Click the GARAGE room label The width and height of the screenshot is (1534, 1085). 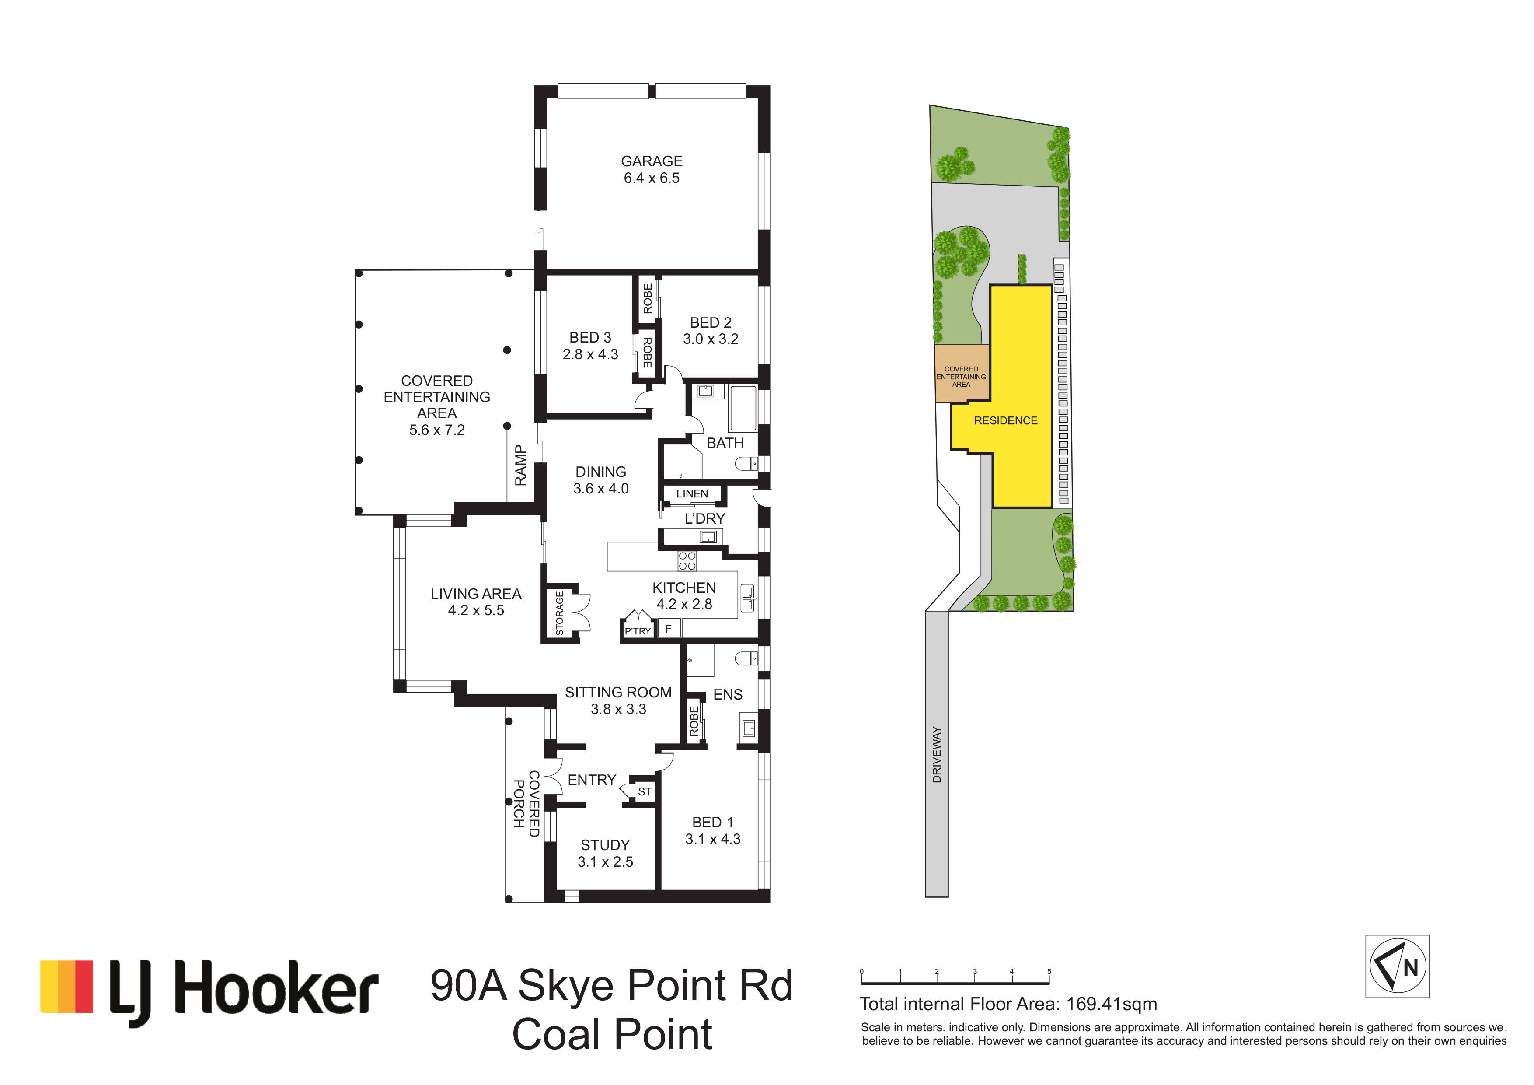[x=652, y=161]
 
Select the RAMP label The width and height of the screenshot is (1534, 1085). [x=520, y=465]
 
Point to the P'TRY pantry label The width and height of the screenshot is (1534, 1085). [x=638, y=631]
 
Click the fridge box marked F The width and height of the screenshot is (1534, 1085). [x=669, y=628]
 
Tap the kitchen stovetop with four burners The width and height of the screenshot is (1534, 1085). [x=687, y=561]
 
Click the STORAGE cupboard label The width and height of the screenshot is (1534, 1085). [x=560, y=613]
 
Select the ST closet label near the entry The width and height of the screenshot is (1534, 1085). [x=644, y=791]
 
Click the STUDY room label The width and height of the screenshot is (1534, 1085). [x=605, y=845]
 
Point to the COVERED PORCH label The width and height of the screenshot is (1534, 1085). [x=526, y=804]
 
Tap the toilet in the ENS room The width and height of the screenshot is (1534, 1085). [x=747, y=658]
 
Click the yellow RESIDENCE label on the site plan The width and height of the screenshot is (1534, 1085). [x=1005, y=420]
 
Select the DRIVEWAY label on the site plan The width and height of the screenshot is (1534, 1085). [x=937, y=755]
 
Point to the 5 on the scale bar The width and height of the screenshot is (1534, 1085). [x=1049, y=971]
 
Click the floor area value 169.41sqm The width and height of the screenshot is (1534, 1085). [x=1112, y=1004]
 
